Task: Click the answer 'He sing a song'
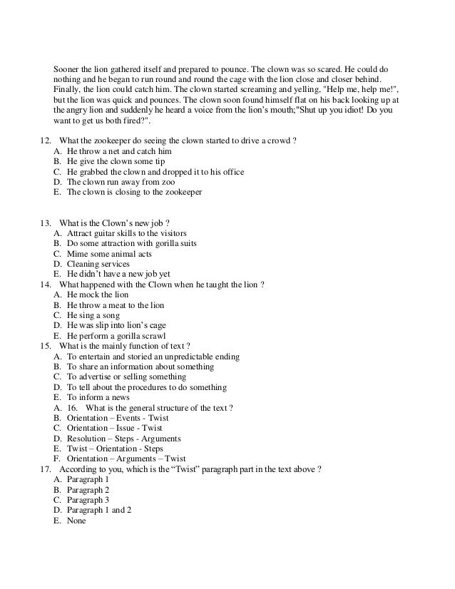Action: click(93, 315)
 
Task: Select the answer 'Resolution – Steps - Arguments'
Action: click(123, 439)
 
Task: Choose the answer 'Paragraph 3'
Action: click(88, 500)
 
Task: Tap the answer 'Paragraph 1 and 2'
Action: click(99, 511)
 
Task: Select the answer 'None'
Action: click(76, 521)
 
